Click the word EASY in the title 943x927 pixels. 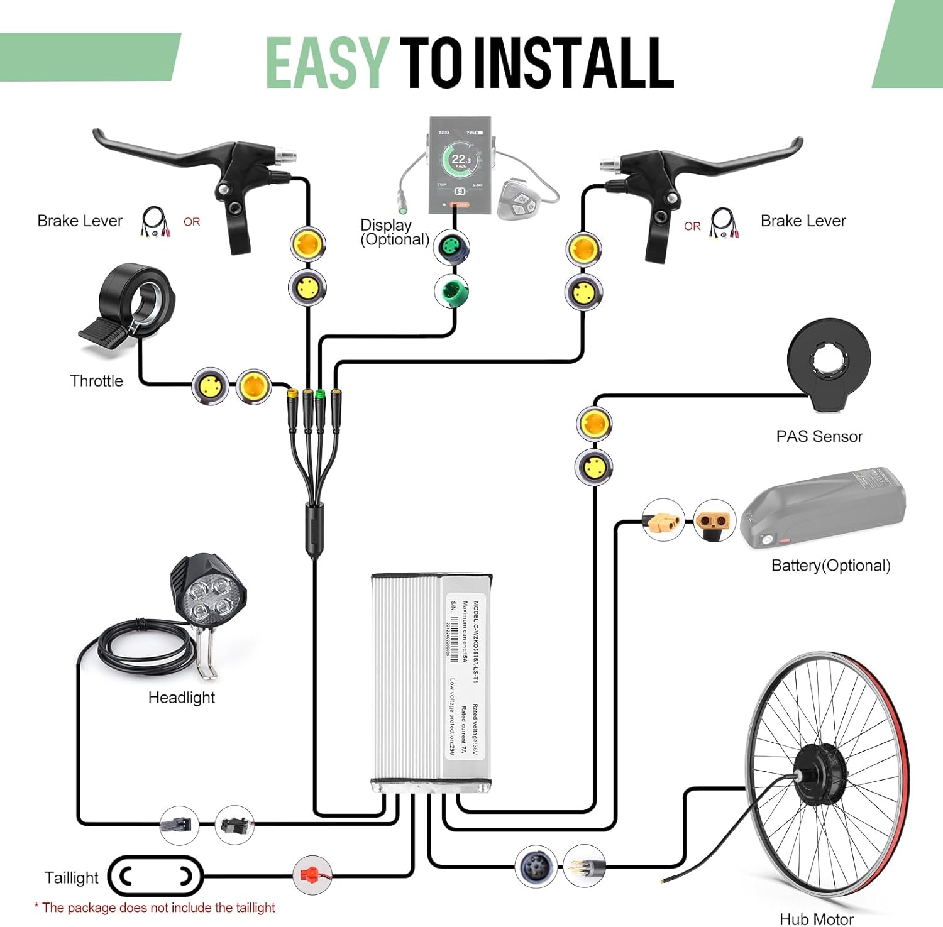click(x=326, y=63)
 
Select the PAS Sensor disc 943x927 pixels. click(x=829, y=363)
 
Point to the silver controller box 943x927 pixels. click(x=431, y=682)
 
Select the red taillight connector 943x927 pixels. click(x=312, y=874)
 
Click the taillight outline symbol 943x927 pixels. click(x=155, y=875)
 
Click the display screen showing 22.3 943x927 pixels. click(x=461, y=165)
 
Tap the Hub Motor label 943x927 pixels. click(x=816, y=919)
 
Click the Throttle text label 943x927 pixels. click(x=96, y=381)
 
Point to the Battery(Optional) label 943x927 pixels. click(x=830, y=566)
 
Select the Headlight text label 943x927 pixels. click(x=181, y=698)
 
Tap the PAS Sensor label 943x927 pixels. click(x=819, y=436)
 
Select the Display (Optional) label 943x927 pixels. click(x=394, y=232)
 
